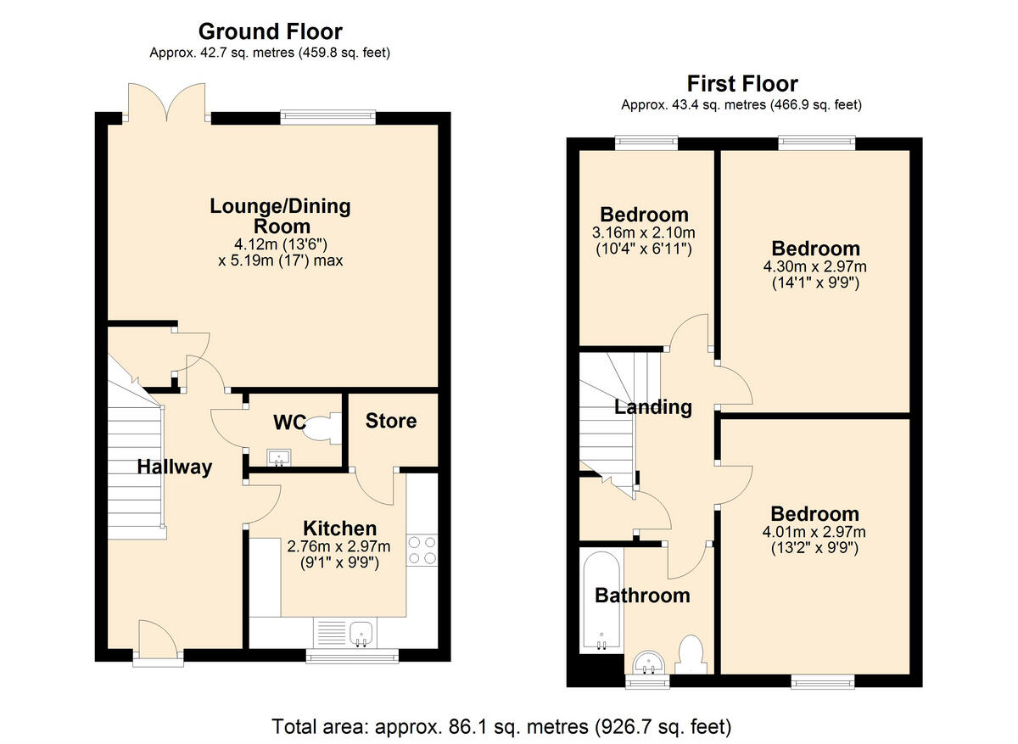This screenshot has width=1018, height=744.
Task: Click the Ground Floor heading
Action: pos(270,32)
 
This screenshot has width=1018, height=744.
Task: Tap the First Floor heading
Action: pos(741,84)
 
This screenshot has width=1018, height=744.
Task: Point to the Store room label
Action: pos(391,421)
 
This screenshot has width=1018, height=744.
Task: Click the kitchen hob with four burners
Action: pos(422,549)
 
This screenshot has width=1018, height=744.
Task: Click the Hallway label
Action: pos(175,467)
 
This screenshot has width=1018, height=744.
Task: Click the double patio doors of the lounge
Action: pos(167,103)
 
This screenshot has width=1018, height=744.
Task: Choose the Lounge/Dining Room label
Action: pos(280,215)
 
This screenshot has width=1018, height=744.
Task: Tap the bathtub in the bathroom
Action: pos(601,601)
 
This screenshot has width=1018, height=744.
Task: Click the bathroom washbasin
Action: pos(651,663)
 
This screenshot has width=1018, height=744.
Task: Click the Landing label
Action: pos(652,407)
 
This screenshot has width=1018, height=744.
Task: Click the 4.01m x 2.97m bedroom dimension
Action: pos(814,533)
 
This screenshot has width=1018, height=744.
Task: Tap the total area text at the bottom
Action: pos(501,726)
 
